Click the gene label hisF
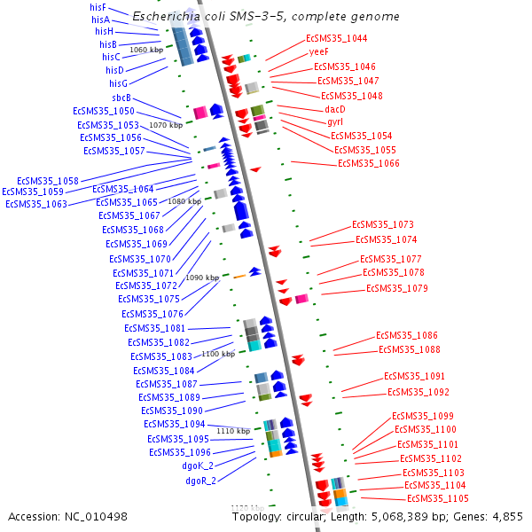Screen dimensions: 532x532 tap(98, 7)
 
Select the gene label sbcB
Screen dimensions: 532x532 tap(121, 98)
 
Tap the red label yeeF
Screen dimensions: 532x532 tap(319, 52)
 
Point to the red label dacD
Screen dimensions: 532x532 tap(334, 108)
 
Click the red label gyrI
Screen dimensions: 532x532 tap(335, 121)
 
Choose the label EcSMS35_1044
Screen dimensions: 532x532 tap(336, 39)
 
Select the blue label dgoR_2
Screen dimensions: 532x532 tap(200, 481)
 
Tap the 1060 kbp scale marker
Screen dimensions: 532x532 tap(146, 51)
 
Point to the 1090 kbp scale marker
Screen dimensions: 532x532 tap(201, 278)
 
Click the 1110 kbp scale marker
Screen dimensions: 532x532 tap(233, 431)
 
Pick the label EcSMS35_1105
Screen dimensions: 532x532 tap(437, 499)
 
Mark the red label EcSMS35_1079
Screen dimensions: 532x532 tap(397, 288)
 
